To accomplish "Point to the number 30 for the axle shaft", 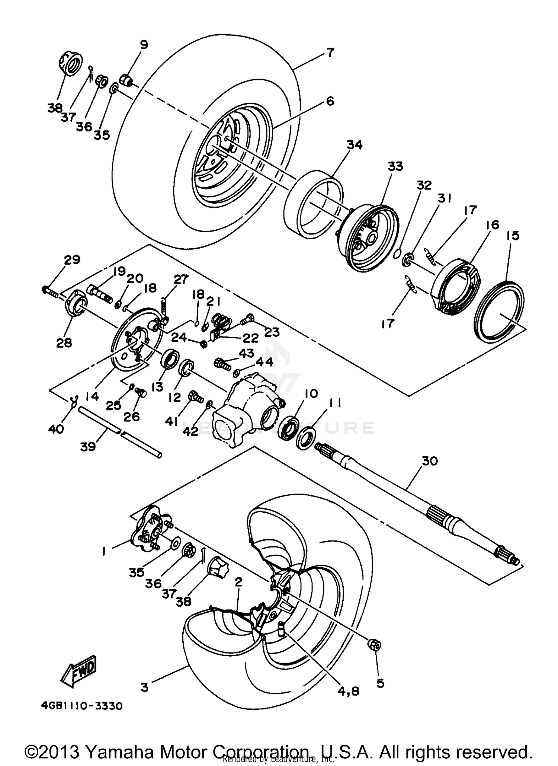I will click(x=430, y=461).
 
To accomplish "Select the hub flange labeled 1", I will click(x=149, y=530).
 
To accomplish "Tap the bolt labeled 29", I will click(x=50, y=289).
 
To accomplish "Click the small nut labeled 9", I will click(x=126, y=79).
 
